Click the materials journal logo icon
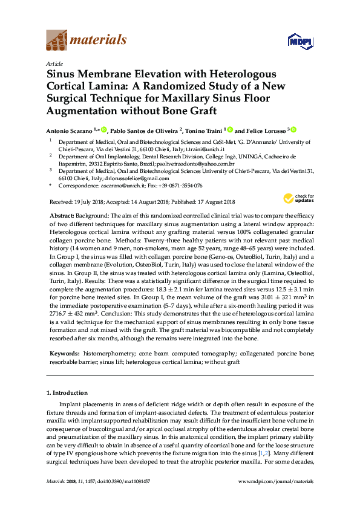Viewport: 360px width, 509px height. pyautogui.click(x=57, y=40)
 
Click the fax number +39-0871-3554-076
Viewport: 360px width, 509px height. pyautogui.click(x=178, y=186)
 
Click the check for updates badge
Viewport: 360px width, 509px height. pyautogui.click(x=296, y=198)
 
